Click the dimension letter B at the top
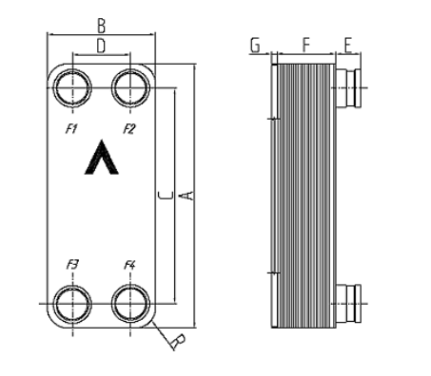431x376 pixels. [101, 26]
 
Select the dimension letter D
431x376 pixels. [101, 47]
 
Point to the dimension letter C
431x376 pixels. [166, 196]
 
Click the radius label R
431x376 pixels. [178, 341]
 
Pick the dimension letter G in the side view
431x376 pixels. [255, 46]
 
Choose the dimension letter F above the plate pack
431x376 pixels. [305, 45]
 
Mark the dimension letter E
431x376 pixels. [348, 46]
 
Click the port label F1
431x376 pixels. [71, 129]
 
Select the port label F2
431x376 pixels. [129, 129]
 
